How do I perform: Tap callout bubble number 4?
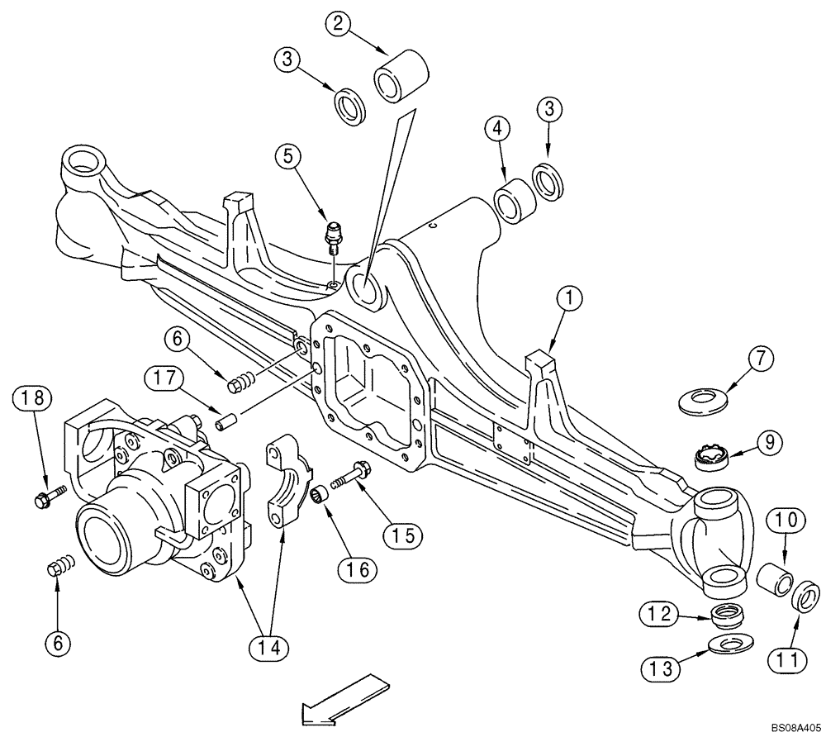pos(497,129)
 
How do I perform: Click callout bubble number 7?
pos(761,359)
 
